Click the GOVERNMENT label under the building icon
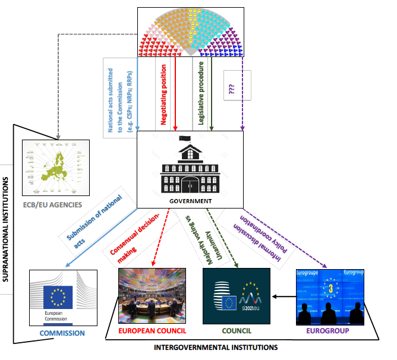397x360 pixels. click(190, 201)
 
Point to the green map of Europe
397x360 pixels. click(57, 169)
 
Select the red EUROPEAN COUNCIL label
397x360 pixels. click(153, 330)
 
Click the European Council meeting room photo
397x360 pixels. click(153, 295)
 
